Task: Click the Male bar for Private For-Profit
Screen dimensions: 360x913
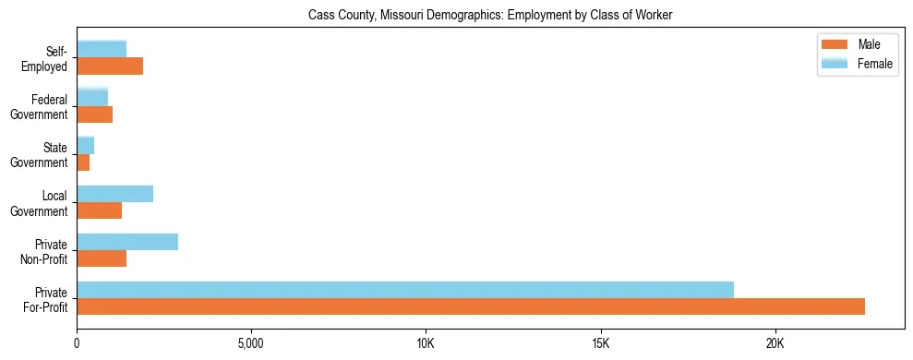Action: coord(471,306)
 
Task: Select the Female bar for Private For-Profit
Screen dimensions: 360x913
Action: coord(405,290)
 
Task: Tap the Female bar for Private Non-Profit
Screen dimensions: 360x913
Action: coord(127,242)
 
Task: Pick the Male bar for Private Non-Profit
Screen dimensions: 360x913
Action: coord(102,258)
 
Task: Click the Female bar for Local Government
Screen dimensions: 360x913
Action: coord(114,194)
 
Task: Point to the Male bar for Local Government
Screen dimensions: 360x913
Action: coord(99,210)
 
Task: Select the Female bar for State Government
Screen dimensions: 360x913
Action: coord(85,145)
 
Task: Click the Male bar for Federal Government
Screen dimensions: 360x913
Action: coord(94,114)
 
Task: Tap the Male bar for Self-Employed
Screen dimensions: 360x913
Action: coord(110,66)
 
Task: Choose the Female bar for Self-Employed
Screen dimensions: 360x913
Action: coord(102,50)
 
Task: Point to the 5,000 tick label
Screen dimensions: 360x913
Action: coord(251,344)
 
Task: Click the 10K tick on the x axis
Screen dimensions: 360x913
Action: coord(426,344)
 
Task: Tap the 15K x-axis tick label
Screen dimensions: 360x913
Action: coord(600,344)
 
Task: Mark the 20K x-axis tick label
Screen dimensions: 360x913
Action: coord(775,344)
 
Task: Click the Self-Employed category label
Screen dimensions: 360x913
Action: coord(48,58)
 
